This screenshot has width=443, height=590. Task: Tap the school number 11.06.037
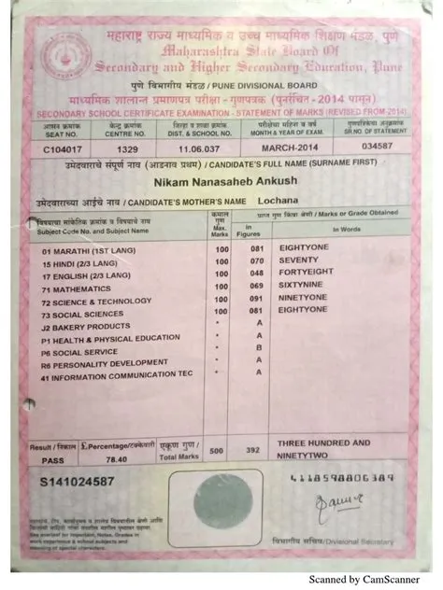(202, 147)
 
